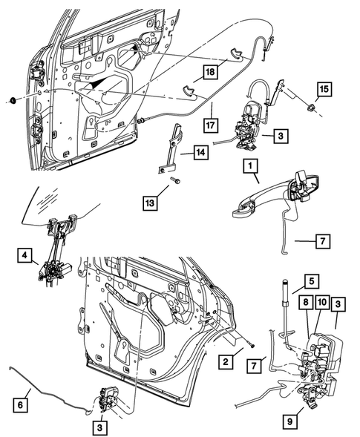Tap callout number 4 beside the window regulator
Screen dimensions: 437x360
coord(25,257)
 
